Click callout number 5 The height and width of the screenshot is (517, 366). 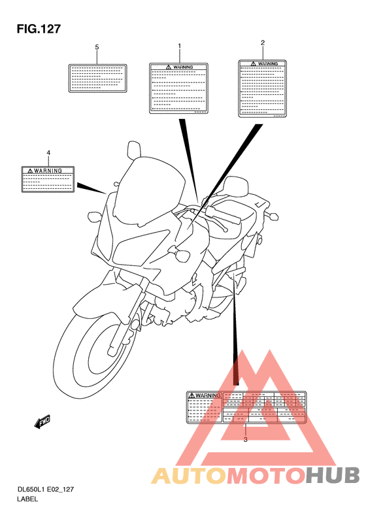(97, 48)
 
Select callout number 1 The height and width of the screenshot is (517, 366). (179, 46)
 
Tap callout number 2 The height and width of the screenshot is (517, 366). (263, 43)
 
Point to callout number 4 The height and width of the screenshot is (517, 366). (48, 153)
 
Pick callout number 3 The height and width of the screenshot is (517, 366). (245, 439)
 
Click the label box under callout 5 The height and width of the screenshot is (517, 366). (97, 78)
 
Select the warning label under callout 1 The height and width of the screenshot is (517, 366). (179, 88)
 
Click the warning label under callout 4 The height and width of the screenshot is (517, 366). (48, 178)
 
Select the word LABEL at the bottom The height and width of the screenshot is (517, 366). (28, 499)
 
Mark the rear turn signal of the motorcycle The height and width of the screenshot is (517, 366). (274, 215)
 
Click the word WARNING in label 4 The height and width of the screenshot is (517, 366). (48, 171)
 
